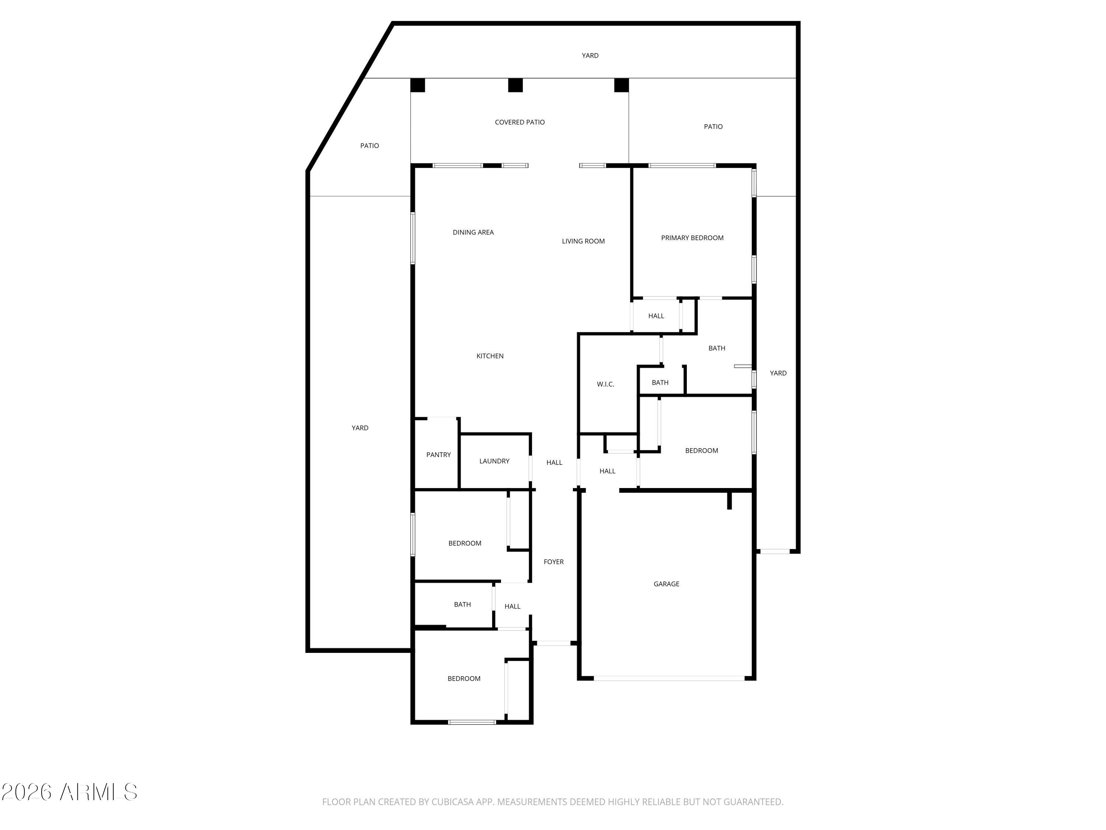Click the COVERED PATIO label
pyautogui.click(x=519, y=122)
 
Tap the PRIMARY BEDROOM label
pyautogui.click(x=692, y=238)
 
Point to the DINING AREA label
pyautogui.click(x=473, y=232)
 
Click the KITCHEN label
pyautogui.click(x=490, y=356)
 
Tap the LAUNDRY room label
pyautogui.click(x=494, y=461)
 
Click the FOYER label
pyautogui.click(x=553, y=561)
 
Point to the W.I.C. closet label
pyautogui.click(x=605, y=384)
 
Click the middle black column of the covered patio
pyautogui.click(x=515, y=85)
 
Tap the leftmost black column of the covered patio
pyautogui.click(x=417, y=85)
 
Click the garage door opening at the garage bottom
pyautogui.click(x=669, y=678)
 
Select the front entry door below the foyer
pyautogui.click(x=553, y=643)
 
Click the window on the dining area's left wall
pyautogui.click(x=413, y=238)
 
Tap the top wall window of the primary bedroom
pyautogui.click(x=682, y=166)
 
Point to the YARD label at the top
pyautogui.click(x=590, y=56)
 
